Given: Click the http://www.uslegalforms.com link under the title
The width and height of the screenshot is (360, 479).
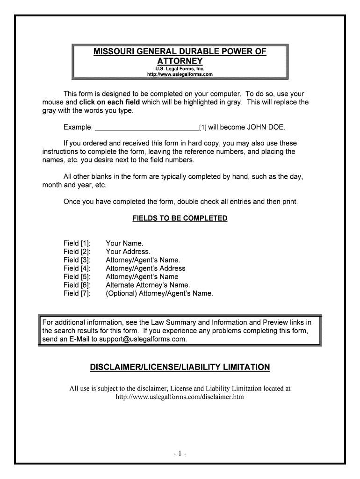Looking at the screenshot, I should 180,74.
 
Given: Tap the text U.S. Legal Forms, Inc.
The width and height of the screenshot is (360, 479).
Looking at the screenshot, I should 180,69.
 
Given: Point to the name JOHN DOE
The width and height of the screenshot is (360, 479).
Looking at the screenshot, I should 266,127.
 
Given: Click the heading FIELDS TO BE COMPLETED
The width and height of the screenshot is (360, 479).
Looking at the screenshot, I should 180,218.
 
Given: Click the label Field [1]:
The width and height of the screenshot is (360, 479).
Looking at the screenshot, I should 77,243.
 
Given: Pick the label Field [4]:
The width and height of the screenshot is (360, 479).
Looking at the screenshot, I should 77,269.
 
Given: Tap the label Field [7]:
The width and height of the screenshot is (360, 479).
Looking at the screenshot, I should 77,294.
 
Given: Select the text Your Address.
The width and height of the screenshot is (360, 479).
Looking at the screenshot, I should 128,252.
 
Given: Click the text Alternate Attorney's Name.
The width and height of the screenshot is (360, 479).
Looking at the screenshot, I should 148,285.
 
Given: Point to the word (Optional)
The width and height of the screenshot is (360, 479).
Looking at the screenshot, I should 121,294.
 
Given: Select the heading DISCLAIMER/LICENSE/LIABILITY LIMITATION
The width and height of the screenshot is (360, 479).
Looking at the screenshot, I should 180,368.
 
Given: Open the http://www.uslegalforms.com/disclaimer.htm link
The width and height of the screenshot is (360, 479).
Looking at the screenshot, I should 180,397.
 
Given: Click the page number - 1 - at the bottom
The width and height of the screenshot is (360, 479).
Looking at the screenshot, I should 180,454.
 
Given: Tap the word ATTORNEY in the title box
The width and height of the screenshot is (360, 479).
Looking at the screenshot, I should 180,61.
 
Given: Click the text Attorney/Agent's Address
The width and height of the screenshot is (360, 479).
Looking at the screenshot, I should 145,269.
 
